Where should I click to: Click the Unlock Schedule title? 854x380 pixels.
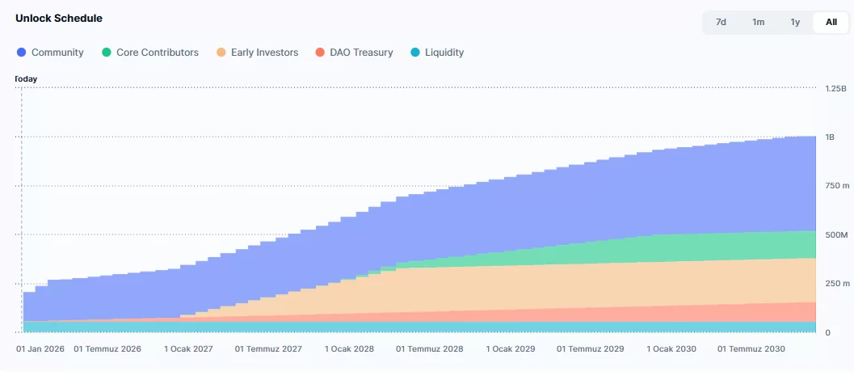coord(59,18)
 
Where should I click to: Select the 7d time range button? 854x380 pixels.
coord(721,22)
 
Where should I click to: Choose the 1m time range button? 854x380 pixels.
coord(758,22)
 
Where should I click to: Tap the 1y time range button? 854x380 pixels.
coord(795,22)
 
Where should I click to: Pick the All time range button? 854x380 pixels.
coord(831,22)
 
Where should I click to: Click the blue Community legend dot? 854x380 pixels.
coord(21,53)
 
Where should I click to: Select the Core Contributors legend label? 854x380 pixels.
coord(157,53)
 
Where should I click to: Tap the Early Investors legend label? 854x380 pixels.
coord(264,53)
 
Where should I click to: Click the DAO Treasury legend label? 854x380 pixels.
coord(361,53)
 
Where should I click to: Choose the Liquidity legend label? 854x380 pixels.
coord(444,53)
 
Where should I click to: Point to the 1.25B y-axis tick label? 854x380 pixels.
coord(835,87)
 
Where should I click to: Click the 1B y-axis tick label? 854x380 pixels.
coord(830,137)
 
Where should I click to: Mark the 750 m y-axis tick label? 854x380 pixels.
coord(837,186)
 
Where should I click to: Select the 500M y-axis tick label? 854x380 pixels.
coord(835,234)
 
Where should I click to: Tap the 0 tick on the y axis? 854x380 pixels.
coord(828,332)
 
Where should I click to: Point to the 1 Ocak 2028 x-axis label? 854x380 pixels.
coord(350,349)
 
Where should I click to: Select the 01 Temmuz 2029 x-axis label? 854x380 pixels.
coord(591,349)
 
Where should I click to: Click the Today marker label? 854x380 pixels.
coord(27,79)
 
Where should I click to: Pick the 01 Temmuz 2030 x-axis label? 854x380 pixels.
coord(751,349)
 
